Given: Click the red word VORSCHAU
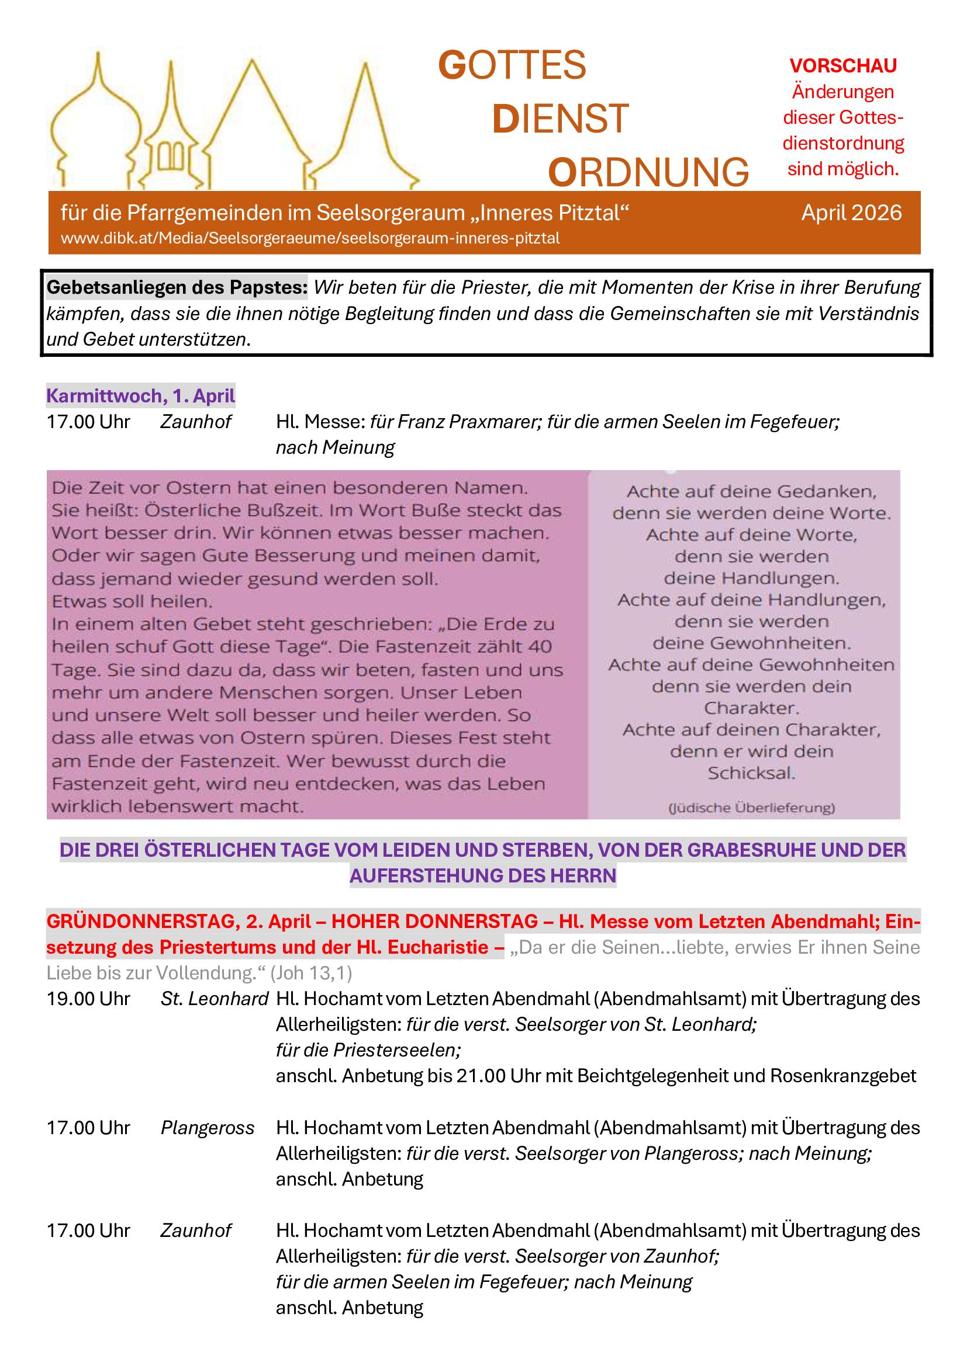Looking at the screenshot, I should coord(842,65).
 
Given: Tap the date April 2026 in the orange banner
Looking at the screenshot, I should coord(851,213).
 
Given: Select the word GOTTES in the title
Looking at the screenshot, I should coord(512,65).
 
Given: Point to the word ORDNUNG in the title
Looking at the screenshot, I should coord(648,172).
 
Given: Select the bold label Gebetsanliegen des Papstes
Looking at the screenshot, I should coord(177,287).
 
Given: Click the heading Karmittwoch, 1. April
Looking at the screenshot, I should coord(140,395).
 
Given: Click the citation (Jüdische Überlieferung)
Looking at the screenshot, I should coord(751,808).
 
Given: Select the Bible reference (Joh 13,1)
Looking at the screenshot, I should coord(312,973).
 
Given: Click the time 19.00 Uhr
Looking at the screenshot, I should coord(88,998).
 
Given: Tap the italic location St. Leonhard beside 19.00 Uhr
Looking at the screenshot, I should coord(215,998).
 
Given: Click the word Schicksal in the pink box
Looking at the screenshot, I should coord(751,773).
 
